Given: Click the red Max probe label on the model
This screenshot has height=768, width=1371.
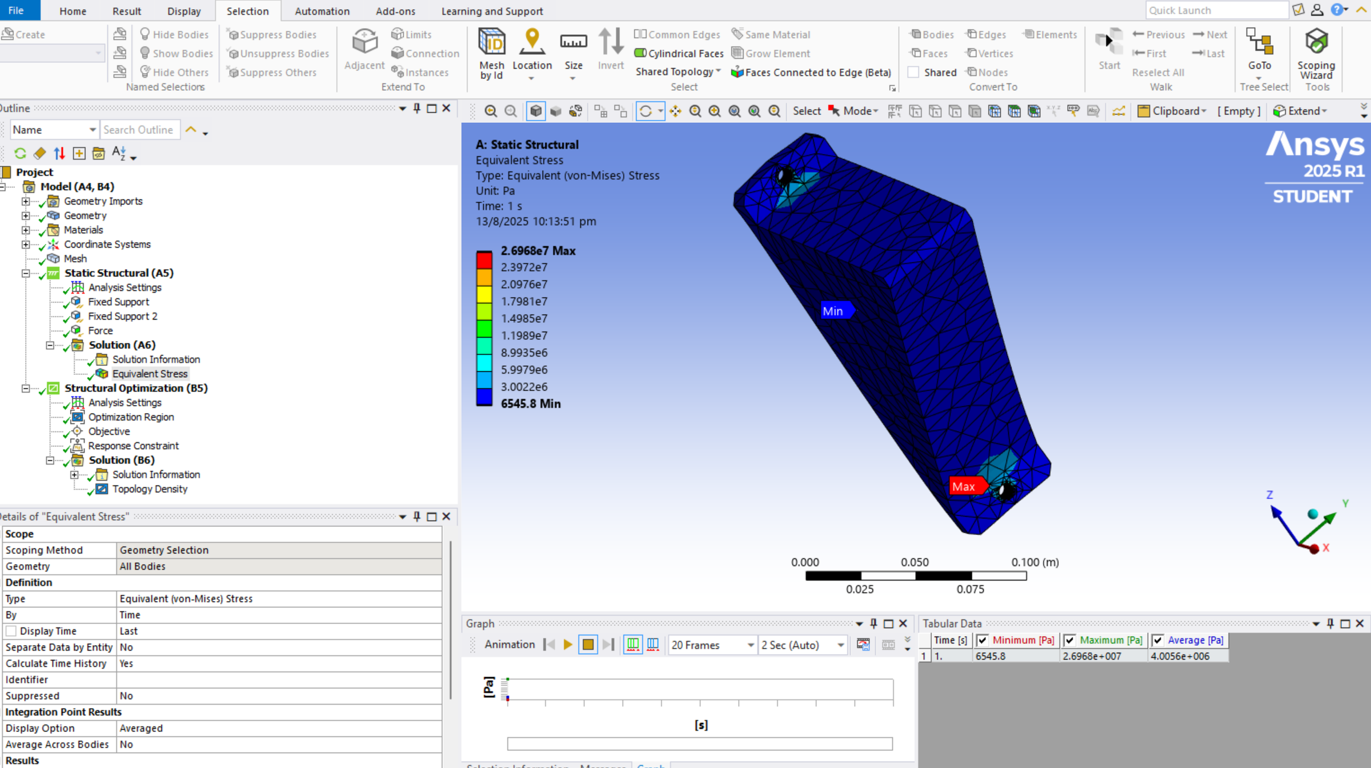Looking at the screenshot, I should [964, 486].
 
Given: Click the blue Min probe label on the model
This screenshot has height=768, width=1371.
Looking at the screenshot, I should [833, 311].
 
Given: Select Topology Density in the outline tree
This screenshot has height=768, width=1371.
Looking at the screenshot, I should [150, 489].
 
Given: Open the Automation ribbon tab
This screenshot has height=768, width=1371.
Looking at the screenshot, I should [322, 11].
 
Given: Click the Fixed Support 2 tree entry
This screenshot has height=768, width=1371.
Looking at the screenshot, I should [122, 316].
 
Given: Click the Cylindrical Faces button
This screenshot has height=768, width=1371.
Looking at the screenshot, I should [679, 53].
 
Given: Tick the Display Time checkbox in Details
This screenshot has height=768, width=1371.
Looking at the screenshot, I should [11, 631].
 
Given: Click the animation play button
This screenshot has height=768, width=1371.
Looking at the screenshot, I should [567, 645].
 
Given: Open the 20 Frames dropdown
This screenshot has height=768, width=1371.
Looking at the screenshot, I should [712, 645].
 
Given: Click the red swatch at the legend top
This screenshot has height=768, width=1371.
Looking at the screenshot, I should [484, 259].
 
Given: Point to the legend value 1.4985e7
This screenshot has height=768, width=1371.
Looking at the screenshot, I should [523, 318].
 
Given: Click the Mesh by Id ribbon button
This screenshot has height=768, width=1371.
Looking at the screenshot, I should [491, 54].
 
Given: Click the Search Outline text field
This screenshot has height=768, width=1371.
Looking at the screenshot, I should [139, 130].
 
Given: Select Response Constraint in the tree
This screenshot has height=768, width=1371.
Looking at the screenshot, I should [133, 446].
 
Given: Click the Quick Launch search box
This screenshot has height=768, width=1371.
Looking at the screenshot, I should [1215, 10].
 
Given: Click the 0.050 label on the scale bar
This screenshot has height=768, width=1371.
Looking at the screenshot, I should [914, 562].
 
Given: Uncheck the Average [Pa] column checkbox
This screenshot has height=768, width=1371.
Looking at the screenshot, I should [1158, 640].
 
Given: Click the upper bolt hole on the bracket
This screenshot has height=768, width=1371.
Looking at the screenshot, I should [784, 175].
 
